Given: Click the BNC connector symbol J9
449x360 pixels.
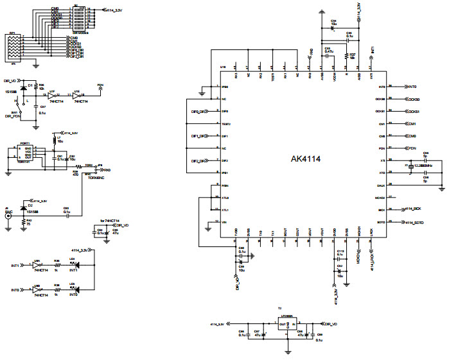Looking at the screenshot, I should pyautogui.click(x=8, y=217).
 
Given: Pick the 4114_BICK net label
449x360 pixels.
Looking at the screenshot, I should pyautogui.click(x=413, y=209).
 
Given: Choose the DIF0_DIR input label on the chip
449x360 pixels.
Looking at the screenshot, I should pyautogui.click(x=198, y=112).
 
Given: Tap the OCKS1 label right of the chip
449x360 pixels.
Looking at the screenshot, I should pyautogui.click(x=415, y=112).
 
